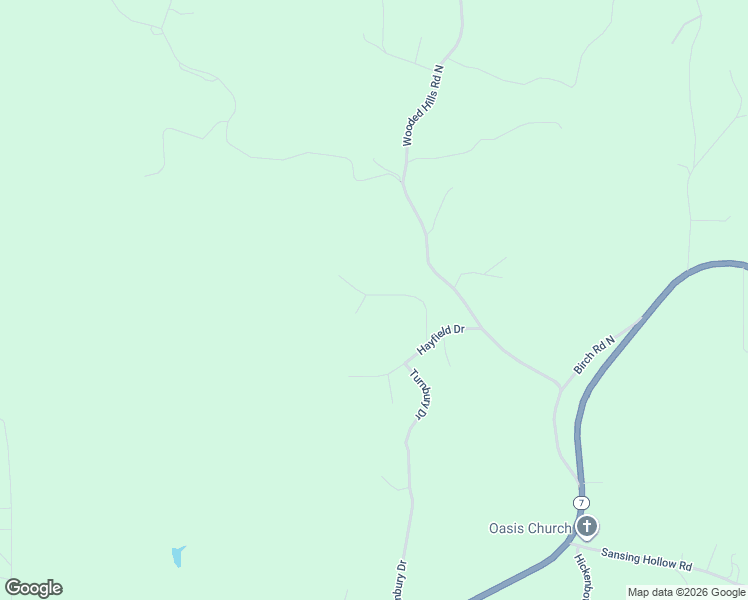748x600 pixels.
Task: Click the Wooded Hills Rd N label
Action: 422,106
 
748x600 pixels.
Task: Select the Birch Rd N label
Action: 594,355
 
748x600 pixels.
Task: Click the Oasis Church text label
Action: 529,528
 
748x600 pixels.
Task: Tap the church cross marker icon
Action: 587,526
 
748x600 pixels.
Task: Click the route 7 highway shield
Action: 581,502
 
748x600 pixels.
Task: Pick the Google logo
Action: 33,588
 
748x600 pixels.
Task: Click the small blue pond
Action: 177,556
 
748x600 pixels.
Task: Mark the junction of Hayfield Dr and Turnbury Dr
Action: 408,361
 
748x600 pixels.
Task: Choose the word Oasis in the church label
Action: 505,528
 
